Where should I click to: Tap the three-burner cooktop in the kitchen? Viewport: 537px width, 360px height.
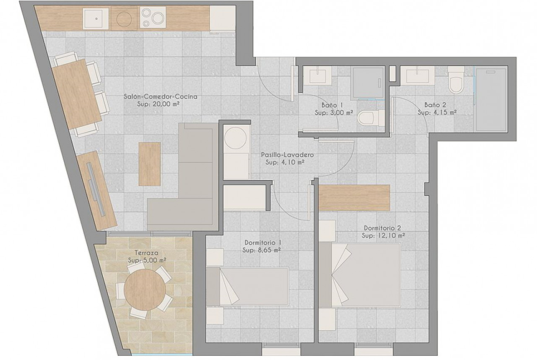point(153,17)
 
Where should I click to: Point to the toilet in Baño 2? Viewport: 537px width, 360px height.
point(456,80)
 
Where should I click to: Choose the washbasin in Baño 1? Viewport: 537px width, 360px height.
point(319,75)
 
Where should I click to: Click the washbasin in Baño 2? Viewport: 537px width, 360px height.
point(418,75)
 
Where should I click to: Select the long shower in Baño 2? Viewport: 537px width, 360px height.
point(491,99)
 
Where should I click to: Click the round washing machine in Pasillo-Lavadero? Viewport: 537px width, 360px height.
point(236,138)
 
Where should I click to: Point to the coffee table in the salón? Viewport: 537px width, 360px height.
point(150,164)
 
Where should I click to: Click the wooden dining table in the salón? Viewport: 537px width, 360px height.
point(77,94)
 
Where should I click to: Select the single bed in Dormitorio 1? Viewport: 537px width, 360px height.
point(247,286)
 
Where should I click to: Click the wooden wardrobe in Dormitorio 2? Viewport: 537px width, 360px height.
point(354,198)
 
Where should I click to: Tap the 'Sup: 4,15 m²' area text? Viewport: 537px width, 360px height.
point(436,112)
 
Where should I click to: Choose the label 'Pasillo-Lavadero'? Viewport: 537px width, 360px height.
point(287,155)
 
